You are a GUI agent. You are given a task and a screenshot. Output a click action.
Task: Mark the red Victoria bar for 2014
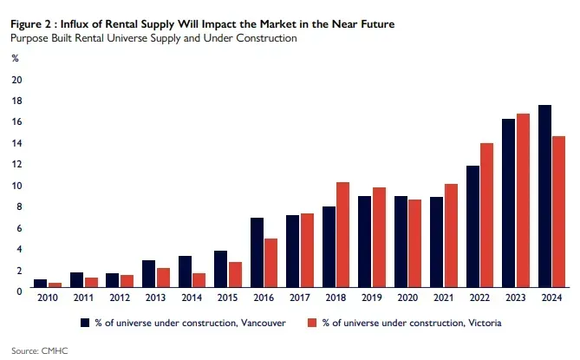(199, 281)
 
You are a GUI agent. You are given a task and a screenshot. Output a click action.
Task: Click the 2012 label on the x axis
(120, 298)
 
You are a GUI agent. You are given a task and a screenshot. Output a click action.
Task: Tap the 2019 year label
(371, 298)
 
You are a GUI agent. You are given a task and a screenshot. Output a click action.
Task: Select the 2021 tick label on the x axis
(443, 298)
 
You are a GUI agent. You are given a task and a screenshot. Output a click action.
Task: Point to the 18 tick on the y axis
(16, 101)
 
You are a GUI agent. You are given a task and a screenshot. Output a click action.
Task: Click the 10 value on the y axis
(16, 186)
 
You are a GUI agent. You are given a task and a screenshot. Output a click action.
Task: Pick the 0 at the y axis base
(18, 291)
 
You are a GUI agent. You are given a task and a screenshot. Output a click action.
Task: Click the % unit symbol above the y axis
(15, 58)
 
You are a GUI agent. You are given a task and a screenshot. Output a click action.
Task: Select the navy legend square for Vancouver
(86, 322)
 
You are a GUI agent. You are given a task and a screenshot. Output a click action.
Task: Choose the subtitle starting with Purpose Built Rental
(153, 38)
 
